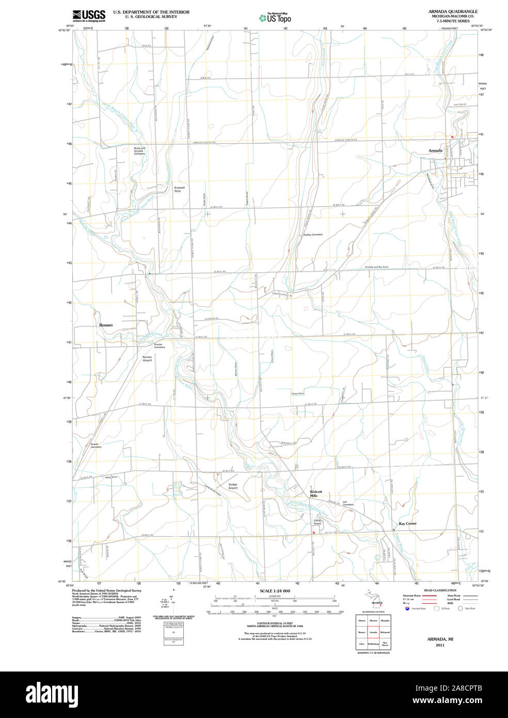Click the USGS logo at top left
click(x=89, y=15)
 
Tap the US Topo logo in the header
click(x=275, y=18)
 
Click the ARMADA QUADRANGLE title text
click(x=452, y=11)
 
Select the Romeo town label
click(x=106, y=325)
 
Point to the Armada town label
click(x=435, y=150)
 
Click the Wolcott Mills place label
click(x=316, y=493)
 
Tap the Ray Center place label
click(x=407, y=523)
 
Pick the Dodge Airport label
click(x=233, y=486)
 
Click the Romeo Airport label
click(x=147, y=358)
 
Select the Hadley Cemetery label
click(x=313, y=235)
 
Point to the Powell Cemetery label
click(x=96, y=445)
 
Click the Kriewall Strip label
click(x=179, y=189)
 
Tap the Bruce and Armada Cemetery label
click(x=139, y=151)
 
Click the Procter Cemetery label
click(x=159, y=346)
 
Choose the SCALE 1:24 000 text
click(x=275, y=591)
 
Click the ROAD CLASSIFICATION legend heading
click(x=440, y=590)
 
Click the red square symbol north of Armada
click(x=452, y=137)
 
